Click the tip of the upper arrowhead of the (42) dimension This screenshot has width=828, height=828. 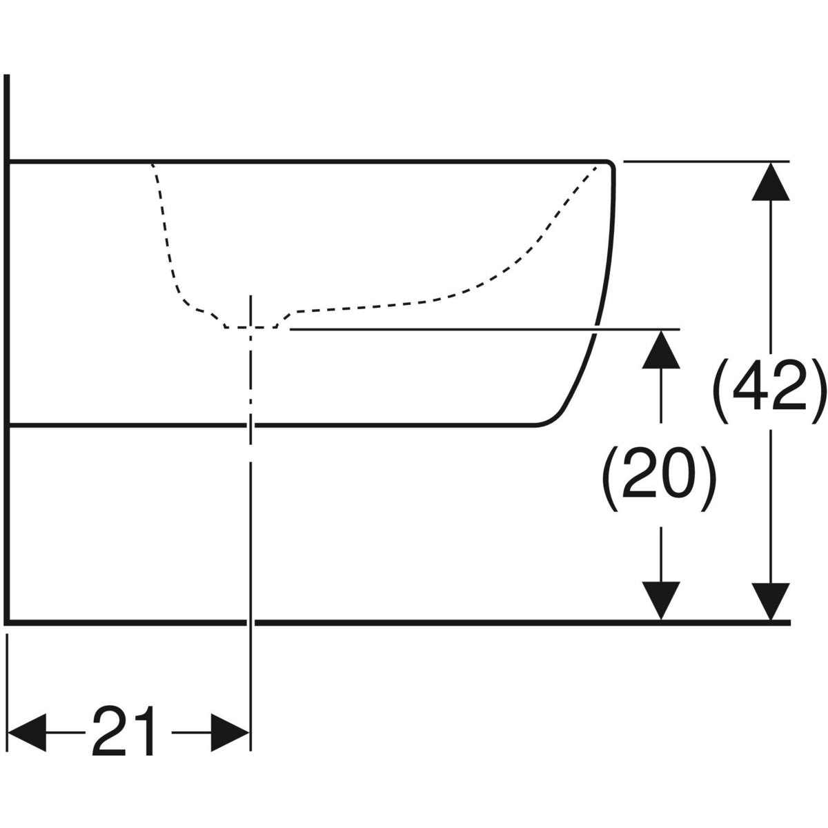(771, 162)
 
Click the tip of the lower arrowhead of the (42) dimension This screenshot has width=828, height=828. (771, 620)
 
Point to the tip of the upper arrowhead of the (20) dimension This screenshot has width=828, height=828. (661, 330)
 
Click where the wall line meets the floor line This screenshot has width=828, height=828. (7, 622)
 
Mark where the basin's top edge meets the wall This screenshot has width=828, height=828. (7, 161)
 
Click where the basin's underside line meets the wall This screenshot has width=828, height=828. (7, 426)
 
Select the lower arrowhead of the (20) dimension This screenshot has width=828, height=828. (661, 601)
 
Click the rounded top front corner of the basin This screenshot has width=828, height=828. (609, 166)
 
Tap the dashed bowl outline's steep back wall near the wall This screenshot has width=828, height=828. (166, 232)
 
